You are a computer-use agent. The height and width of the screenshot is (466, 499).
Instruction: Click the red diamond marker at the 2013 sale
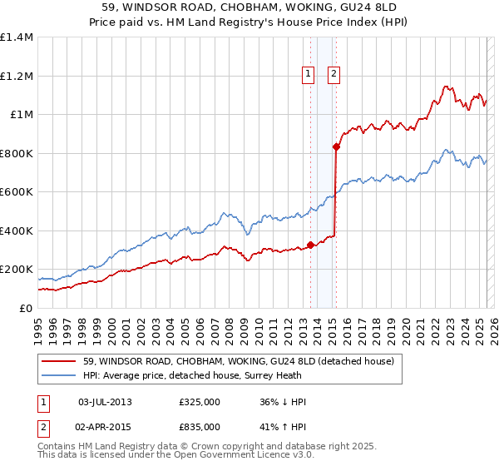[x=310, y=245]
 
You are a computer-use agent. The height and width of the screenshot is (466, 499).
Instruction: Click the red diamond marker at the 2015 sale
[x=336, y=146]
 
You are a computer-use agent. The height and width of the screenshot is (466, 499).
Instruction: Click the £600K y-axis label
[x=17, y=192]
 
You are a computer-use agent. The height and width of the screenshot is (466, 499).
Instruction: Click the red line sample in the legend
[x=60, y=361]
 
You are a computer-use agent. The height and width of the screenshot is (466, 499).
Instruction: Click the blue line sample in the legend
[x=60, y=376]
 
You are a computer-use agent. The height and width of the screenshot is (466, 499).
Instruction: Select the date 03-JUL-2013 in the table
[x=105, y=402]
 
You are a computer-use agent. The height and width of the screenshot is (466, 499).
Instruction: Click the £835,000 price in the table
[x=199, y=427]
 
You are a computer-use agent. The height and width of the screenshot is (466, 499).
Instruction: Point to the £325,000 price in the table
[x=199, y=402]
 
